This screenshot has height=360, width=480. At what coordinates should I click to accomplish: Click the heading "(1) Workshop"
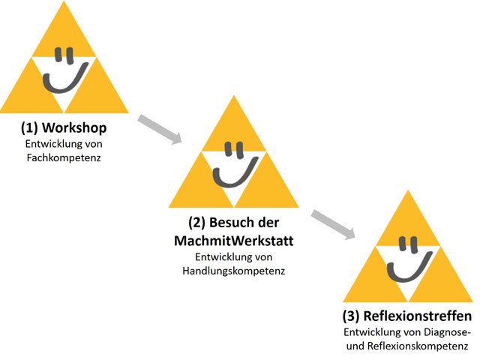click(x=64, y=127)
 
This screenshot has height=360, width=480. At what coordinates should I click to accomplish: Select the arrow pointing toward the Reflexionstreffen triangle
click(x=333, y=224)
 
